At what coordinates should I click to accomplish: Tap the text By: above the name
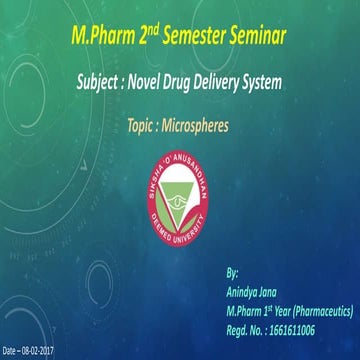(233, 272)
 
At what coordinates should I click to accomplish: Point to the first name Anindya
(244, 286)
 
